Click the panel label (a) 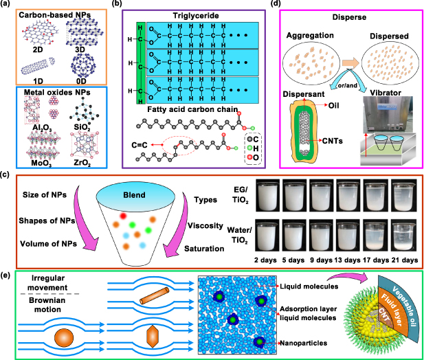click(x=9, y=5)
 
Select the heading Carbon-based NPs click(x=56, y=14)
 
